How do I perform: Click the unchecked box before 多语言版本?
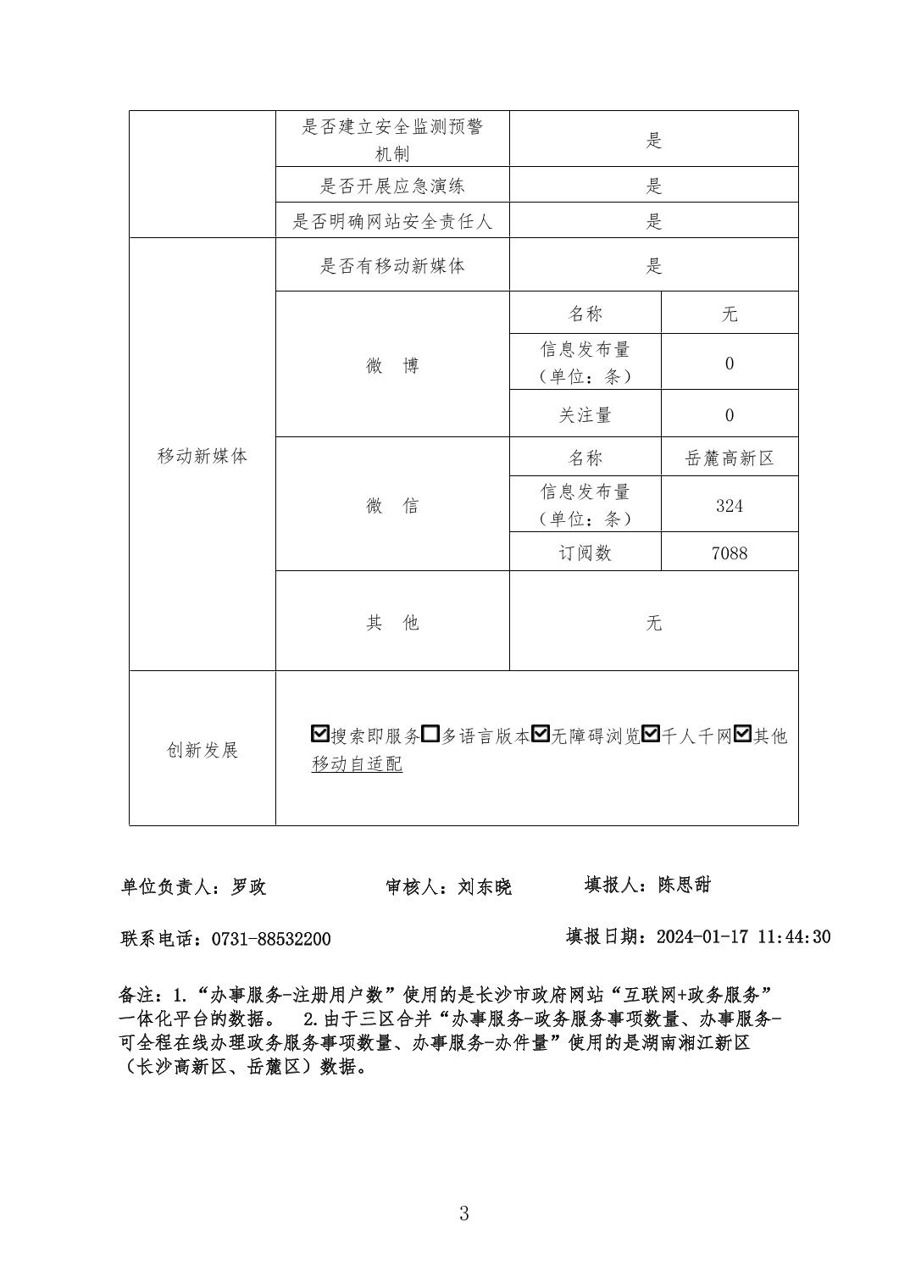430,735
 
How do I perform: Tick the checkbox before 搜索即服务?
320,735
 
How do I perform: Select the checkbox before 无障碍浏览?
541,735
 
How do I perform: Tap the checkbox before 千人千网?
651,735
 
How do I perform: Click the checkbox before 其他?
743,735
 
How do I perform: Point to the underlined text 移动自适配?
357,763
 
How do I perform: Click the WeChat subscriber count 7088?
730,552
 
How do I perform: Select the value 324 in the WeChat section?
730,506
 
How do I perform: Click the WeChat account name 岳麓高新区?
730,458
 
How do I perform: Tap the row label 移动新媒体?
203,456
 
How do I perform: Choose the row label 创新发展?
203,750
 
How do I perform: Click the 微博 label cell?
392,365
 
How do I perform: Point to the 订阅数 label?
585,552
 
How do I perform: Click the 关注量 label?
585,415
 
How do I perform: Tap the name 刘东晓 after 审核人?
485,887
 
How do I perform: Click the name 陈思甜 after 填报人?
685,885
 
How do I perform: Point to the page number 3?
463,1213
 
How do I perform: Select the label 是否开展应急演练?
392,186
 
